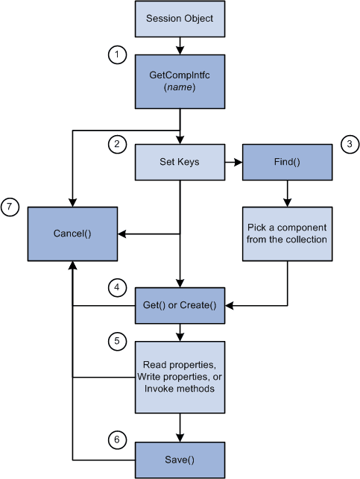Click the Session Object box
click(179, 18)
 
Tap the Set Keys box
click(179, 162)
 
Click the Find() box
click(287, 162)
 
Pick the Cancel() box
click(72, 234)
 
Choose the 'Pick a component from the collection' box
click(287, 234)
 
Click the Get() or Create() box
click(179, 305)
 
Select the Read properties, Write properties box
click(179, 377)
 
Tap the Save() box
click(179, 460)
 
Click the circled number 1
click(117, 54)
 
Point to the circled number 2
click(117, 145)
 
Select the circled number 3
click(350, 145)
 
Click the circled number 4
click(117, 286)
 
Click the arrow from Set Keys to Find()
click(233, 162)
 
